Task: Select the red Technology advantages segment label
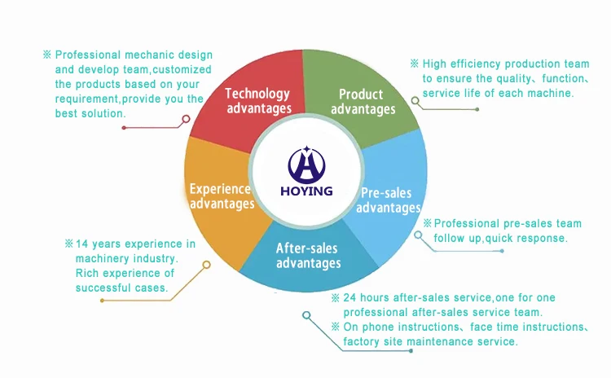tap(257, 101)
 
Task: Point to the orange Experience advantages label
tap(222, 196)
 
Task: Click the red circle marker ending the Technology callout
tap(186, 119)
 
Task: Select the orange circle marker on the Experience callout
tap(206, 265)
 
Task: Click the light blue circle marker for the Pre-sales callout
tap(419, 235)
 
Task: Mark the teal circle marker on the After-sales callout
tap(305, 314)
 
